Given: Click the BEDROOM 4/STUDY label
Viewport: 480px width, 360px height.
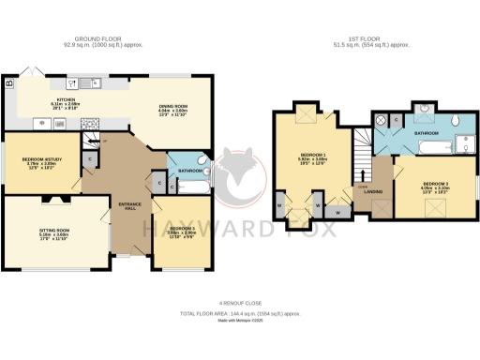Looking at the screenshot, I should coord(38,159).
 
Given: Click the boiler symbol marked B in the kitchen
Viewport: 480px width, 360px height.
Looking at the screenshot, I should coord(9,83).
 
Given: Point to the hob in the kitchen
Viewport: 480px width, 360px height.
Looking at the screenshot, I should coord(92,121).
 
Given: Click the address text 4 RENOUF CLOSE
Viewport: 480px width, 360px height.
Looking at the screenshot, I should coord(240,302).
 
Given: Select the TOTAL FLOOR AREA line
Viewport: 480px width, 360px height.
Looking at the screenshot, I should coord(240,312).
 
